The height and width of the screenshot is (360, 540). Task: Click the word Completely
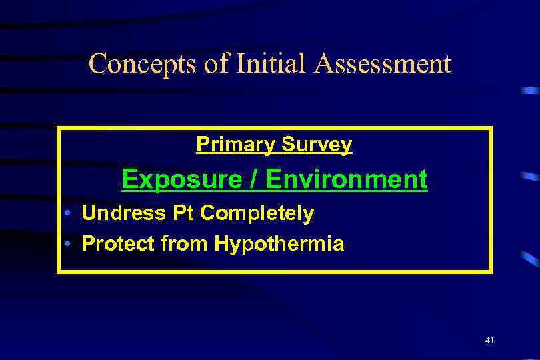point(257,214)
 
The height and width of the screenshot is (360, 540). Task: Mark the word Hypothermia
point(279,245)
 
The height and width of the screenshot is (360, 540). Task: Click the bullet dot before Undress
point(69,214)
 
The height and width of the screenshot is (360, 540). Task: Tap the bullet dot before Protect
point(69,245)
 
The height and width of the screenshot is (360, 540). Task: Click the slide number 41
point(490,340)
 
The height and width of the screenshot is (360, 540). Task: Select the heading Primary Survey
point(274,145)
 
